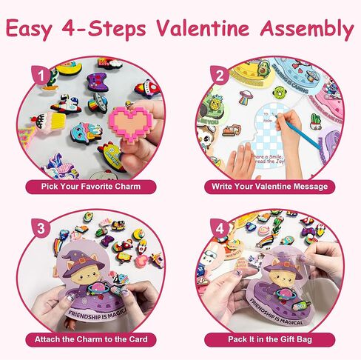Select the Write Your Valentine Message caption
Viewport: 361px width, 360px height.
271,187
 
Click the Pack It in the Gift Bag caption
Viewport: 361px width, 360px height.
269,340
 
